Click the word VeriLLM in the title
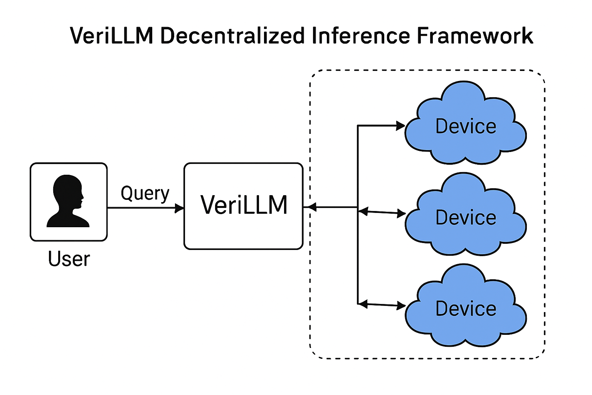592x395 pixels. tap(112, 36)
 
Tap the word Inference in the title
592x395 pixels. tap(360, 36)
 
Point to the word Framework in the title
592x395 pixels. tap(475, 36)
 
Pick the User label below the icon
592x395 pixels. tap(69, 259)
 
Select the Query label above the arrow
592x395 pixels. tap(145, 193)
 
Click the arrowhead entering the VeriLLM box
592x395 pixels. tap(180, 208)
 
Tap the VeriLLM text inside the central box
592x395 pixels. tap(244, 205)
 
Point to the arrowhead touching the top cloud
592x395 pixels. tap(401, 125)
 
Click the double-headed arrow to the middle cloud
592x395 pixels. tap(382, 212)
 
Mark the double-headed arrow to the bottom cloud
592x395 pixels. tap(382, 305)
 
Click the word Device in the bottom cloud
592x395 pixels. tap(466, 309)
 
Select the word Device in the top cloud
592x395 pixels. tap(466, 127)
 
